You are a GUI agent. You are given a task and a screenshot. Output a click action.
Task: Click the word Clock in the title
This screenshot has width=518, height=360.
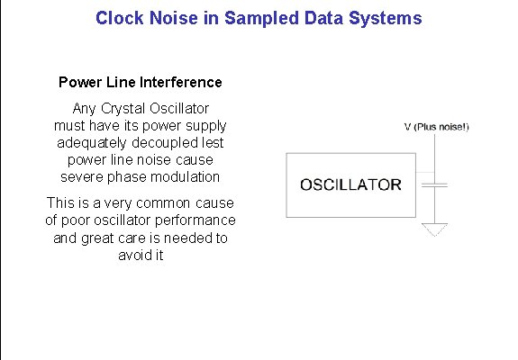(x=119, y=18)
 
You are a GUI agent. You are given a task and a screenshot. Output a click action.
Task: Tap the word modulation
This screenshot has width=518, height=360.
(x=185, y=177)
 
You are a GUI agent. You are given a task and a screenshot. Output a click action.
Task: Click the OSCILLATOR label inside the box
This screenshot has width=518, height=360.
(x=350, y=185)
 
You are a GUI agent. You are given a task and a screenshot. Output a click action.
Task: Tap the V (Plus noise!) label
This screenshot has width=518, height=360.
(x=436, y=127)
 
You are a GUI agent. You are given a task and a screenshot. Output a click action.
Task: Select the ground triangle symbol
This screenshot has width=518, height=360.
(x=436, y=230)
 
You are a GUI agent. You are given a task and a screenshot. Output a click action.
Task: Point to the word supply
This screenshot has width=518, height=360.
(x=206, y=126)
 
